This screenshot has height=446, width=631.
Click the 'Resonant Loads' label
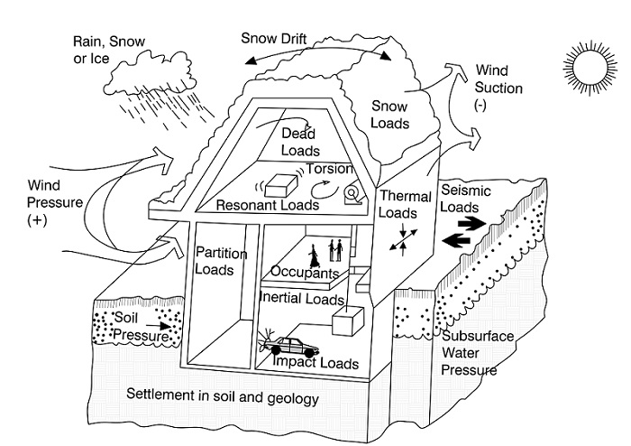coord(268,206)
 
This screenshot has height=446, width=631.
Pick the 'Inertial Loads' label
coord(301,298)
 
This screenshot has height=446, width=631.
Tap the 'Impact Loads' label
coord(316,364)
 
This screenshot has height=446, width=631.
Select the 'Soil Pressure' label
coord(140,328)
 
